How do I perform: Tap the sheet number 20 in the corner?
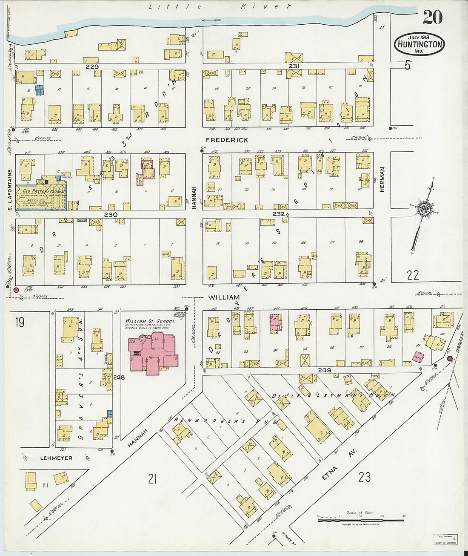[432, 17]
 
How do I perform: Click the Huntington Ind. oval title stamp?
[419, 44]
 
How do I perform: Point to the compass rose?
[424, 210]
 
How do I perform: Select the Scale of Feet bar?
[361, 519]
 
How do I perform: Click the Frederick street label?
[227, 140]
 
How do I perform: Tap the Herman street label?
[382, 179]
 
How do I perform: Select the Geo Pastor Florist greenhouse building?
[41, 197]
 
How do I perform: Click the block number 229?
[92, 66]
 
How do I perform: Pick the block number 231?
[294, 66]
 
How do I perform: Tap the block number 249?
[324, 370]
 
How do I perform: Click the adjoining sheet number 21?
[152, 478]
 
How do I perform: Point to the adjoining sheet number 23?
[364, 477]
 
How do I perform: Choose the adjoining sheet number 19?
[19, 322]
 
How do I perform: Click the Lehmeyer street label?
[56, 458]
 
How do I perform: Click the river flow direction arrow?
[211, 20]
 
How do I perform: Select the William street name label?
[224, 297]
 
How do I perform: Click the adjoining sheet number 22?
[412, 275]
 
